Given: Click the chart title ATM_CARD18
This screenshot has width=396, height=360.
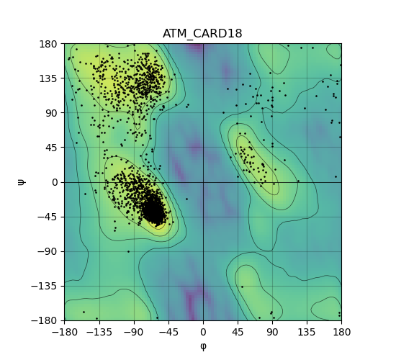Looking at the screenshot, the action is (202, 34).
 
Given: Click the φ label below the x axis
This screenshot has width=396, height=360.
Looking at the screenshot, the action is (203, 346).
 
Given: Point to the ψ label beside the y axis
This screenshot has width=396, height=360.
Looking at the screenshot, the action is (22, 182).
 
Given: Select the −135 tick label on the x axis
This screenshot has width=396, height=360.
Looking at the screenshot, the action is (99, 332).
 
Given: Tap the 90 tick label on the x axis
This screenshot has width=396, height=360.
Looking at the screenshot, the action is (272, 332).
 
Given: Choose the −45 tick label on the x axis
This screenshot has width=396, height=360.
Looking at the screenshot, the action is (168, 332).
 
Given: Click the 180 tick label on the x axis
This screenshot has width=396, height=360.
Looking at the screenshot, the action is (341, 332).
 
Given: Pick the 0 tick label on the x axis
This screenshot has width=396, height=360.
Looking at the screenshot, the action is (203, 332).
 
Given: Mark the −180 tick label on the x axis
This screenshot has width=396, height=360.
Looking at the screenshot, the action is (65, 332).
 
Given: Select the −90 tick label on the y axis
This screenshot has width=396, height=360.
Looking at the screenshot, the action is (48, 251).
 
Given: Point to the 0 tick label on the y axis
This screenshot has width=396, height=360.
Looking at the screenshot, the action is (55, 182).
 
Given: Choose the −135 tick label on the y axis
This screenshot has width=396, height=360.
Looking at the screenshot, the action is (44, 287).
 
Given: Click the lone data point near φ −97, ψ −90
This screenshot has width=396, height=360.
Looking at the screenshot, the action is (128, 251).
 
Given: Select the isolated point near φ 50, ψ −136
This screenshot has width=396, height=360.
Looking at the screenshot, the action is (242, 287).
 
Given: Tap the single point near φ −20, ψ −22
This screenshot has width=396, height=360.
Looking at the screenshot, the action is (187, 199).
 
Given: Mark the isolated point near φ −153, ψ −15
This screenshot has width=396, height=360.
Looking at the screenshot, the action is (85, 194).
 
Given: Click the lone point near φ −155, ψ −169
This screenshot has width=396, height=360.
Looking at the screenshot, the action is (84, 312).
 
